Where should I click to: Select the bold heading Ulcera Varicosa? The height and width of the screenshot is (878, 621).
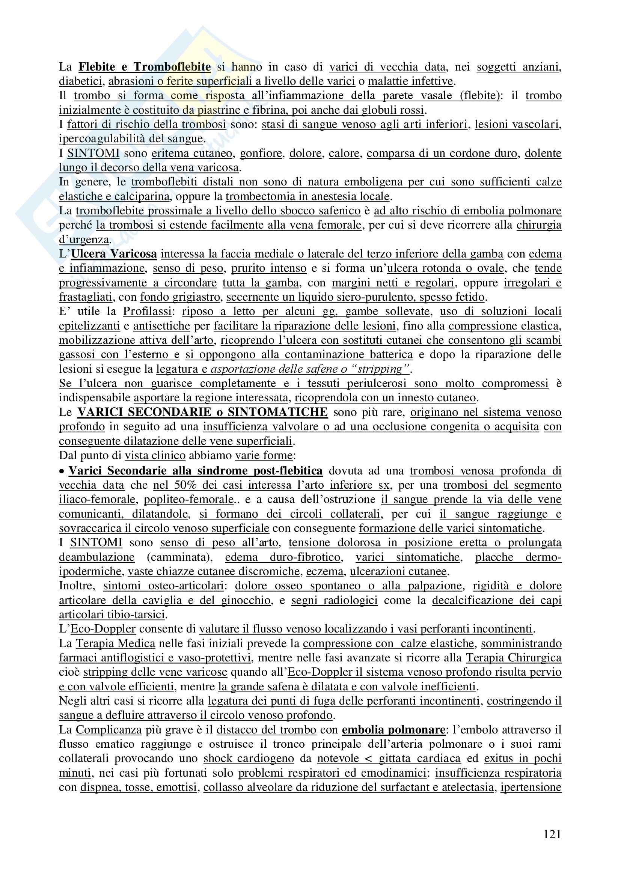click(114, 254)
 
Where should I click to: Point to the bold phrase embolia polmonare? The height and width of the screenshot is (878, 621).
click(393, 730)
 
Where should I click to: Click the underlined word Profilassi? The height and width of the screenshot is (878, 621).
click(147, 311)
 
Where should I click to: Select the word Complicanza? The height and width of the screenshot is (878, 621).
click(109, 730)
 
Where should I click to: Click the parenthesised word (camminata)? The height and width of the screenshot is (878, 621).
click(180, 557)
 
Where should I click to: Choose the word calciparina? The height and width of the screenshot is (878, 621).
click(146, 196)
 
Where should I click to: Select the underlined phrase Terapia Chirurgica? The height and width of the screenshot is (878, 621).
click(514, 658)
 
